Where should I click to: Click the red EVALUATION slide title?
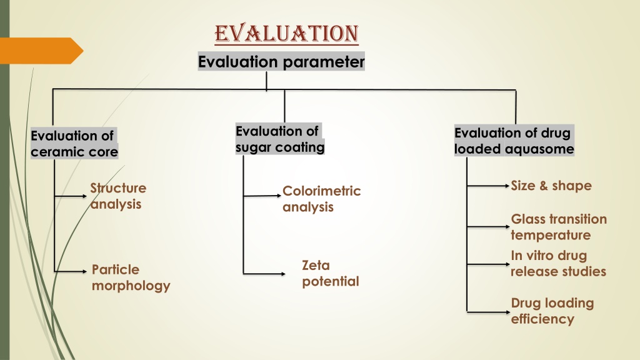coord(286,34)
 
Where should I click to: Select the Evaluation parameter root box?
coord(281,62)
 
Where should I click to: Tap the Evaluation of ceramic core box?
coord(74,143)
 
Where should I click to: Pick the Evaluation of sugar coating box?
coord(280,139)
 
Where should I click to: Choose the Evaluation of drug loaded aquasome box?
coord(514,141)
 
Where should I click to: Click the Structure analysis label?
coord(118,196)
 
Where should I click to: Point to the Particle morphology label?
coord(131,277)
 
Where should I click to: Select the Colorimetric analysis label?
coord(322,199)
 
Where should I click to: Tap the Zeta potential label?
coord(330,273)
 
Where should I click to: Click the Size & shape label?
coord(551,186)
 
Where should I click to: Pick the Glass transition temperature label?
coord(558,227)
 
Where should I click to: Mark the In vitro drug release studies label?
coord(558,263)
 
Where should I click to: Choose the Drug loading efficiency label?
coord(552,311)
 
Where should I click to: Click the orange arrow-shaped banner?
coord(41,51)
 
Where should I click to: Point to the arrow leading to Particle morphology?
coord(70,271)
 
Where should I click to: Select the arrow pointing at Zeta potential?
coord(264,274)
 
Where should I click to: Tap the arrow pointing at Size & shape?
coord(488,186)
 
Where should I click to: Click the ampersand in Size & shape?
coord(543,186)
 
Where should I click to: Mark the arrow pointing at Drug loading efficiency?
coord(488,312)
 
